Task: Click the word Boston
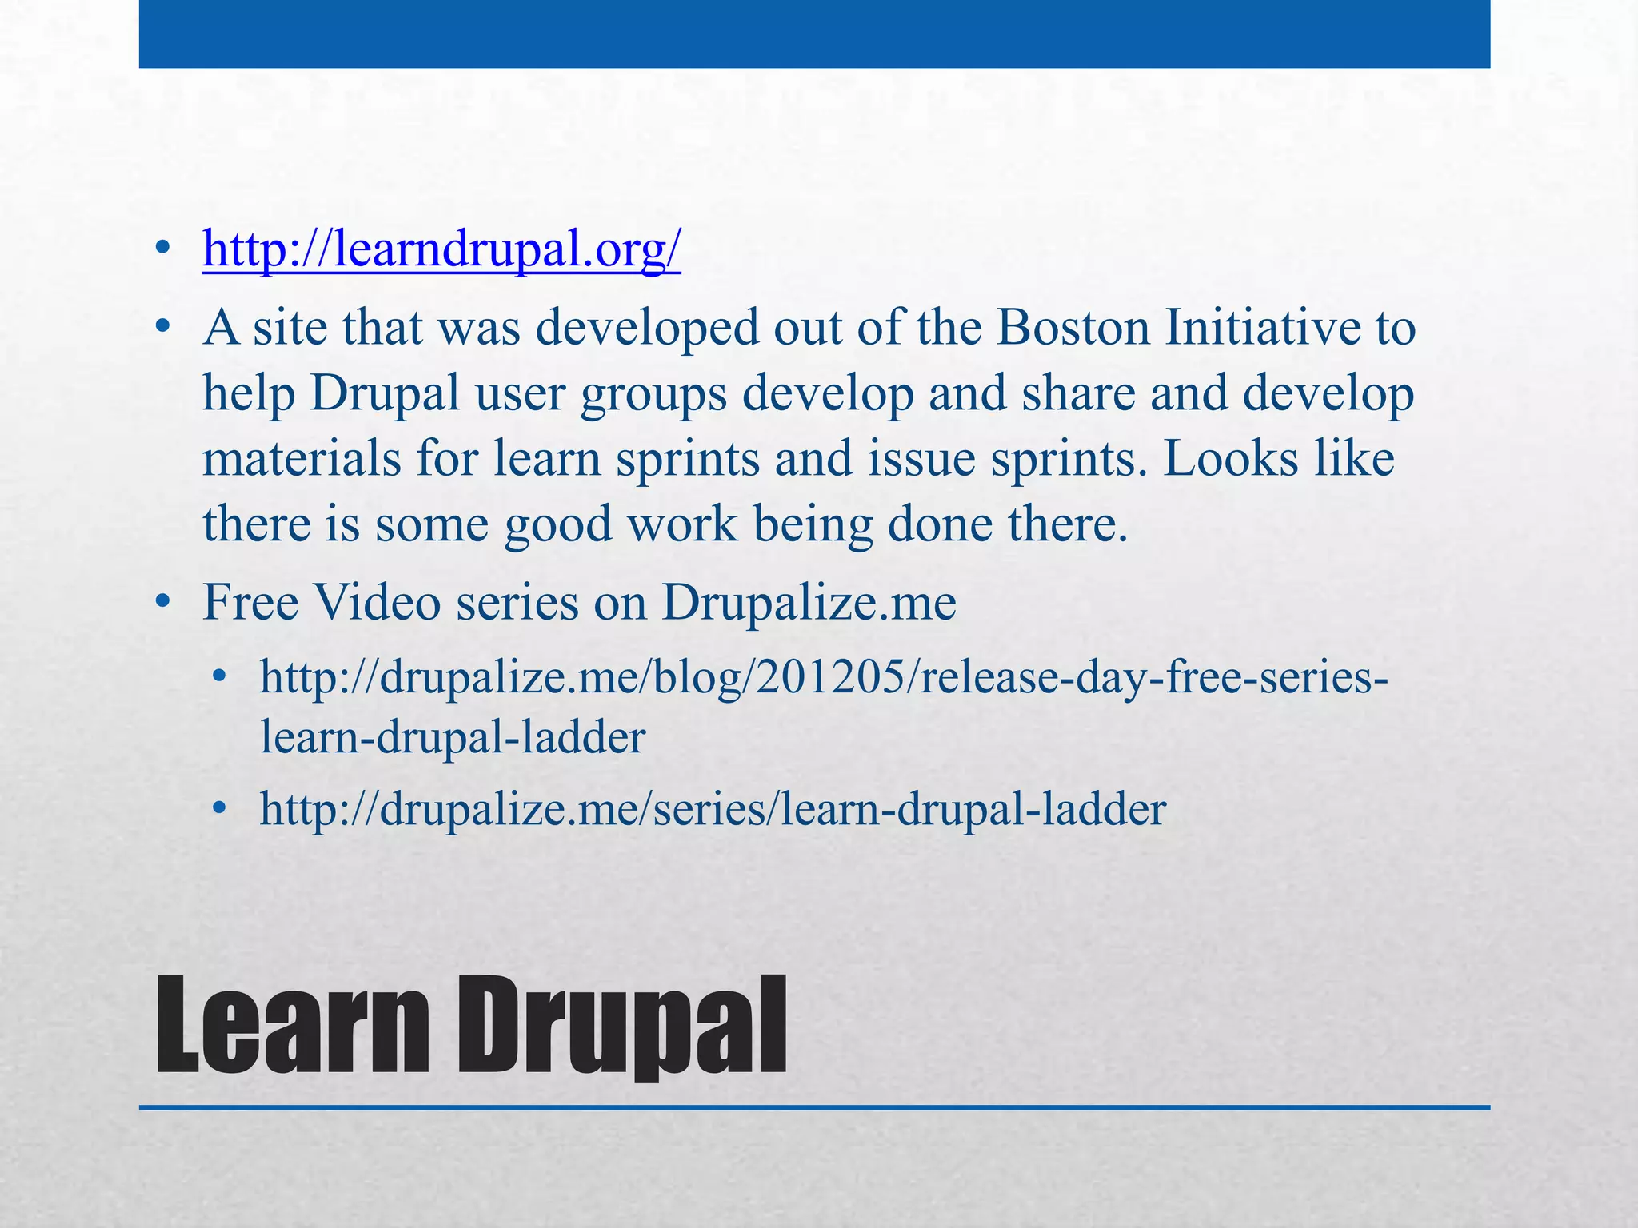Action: [1073, 328]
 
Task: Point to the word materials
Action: [302, 459]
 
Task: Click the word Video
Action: [378, 602]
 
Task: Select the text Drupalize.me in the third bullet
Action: [809, 602]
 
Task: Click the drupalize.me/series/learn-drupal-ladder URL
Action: [713, 809]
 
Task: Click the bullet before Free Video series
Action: [163, 602]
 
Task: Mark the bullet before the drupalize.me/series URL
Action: [220, 810]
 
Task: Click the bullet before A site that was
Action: [163, 328]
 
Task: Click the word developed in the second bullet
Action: [647, 328]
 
